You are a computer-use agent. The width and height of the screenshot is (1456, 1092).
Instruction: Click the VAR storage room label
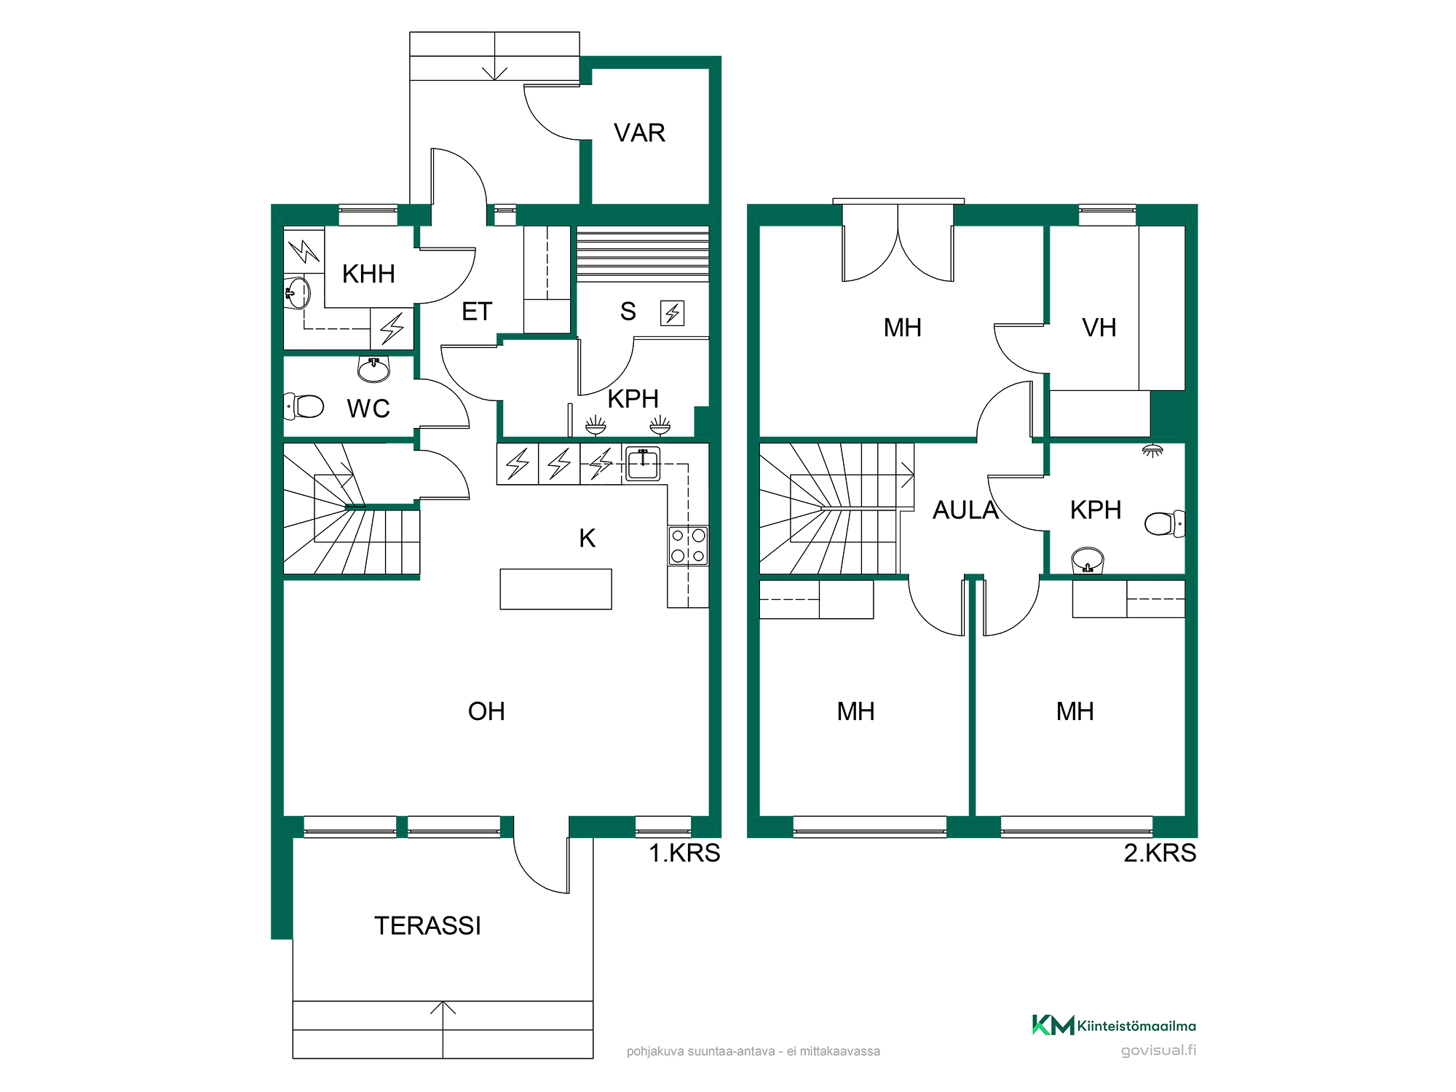tap(639, 133)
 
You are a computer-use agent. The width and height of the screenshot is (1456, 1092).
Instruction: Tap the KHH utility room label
tap(368, 274)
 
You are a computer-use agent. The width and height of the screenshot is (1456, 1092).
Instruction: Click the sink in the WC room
tap(373, 369)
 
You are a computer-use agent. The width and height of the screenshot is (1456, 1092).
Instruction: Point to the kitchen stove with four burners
tap(688, 546)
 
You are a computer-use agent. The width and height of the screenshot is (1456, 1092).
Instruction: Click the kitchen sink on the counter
tap(643, 464)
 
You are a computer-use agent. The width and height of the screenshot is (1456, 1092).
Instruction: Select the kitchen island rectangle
tap(555, 589)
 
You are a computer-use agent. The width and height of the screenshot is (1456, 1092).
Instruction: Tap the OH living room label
tap(486, 711)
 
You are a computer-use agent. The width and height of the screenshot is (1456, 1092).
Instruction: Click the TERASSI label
tap(427, 926)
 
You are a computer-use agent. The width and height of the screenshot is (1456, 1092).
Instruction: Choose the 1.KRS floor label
tap(684, 852)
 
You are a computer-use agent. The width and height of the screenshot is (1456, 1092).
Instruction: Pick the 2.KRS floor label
tap(1160, 852)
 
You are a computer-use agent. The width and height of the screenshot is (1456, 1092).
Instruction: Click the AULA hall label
tap(965, 510)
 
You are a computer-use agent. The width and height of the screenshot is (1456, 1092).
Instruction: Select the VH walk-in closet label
tap(1099, 328)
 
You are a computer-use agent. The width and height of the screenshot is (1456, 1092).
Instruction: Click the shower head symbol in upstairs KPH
tap(1152, 451)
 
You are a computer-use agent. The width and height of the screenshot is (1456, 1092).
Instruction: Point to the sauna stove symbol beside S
tap(672, 313)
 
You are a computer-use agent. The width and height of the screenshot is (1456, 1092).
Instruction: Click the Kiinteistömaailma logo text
tap(1136, 1026)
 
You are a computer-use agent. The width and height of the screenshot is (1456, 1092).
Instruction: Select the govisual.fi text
tap(1159, 1050)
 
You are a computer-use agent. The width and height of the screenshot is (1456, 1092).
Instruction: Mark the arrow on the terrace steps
tap(443, 1029)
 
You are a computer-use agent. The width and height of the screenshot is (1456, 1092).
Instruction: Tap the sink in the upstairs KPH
tap(1088, 561)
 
